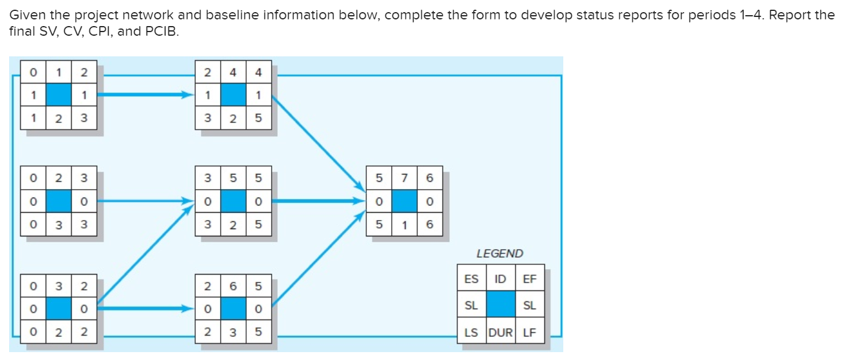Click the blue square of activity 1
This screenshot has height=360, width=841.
point(59,95)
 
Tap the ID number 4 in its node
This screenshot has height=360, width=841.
point(233,73)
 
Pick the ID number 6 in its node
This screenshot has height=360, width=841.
point(233,285)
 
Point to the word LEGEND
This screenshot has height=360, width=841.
point(500,254)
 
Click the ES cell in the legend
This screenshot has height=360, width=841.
point(471,279)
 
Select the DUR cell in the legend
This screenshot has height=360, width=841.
point(500,332)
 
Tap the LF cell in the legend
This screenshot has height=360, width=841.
point(529,332)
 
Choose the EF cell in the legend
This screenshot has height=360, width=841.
point(529,279)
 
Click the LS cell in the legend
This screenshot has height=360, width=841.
point(471,332)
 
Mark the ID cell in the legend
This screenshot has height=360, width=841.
point(500,279)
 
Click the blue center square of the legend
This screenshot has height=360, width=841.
point(500,305)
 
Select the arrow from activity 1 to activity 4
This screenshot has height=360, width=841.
point(146,95)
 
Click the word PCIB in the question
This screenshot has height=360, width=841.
point(163,31)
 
